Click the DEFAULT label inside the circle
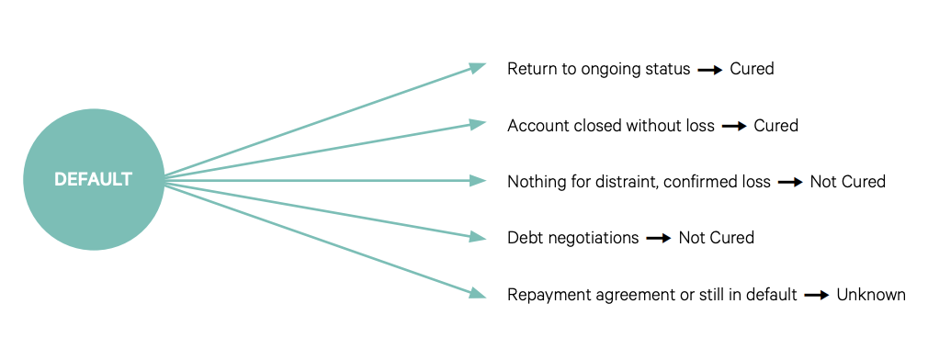pos(93,180)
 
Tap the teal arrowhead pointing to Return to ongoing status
pos(478,67)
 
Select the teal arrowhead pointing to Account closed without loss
pos(478,124)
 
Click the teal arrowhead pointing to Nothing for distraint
pos(478,180)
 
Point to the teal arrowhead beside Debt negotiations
pos(478,236)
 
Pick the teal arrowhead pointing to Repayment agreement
pos(478,293)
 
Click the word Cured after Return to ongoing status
pos(752,69)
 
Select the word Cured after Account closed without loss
pos(775,126)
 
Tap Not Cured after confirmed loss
pos(847,182)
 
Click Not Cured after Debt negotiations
pos(716,238)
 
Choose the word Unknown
pos(871,295)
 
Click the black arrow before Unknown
pos(817,295)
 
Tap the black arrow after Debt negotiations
pos(659,239)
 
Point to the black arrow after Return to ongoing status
pos(710,70)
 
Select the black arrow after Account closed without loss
pos(734,127)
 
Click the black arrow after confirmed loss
pos(791,183)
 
